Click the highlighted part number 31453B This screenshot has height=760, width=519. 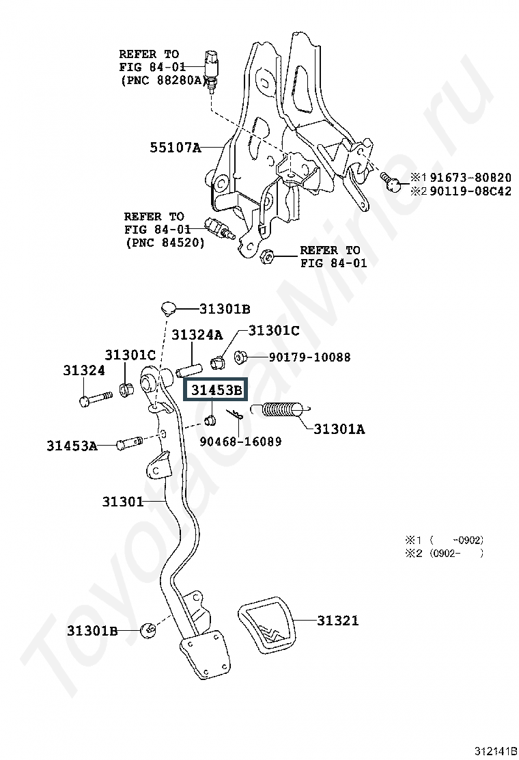point(216,391)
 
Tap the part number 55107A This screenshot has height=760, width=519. point(176,146)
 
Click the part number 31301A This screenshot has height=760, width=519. point(339,429)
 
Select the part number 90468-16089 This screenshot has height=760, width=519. point(240,442)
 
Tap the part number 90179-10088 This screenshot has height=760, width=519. point(309,357)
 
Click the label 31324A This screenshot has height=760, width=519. point(197,335)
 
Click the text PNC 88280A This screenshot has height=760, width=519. point(164,80)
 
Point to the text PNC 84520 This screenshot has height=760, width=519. point(165,242)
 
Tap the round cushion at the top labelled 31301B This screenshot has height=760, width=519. point(169,307)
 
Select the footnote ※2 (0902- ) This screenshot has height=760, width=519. point(448,554)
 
